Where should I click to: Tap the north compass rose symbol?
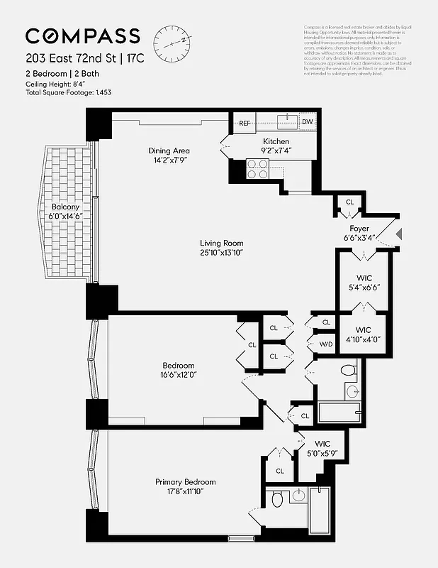(x=173, y=39)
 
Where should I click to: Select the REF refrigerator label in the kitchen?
(x=245, y=123)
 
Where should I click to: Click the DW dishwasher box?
(x=306, y=122)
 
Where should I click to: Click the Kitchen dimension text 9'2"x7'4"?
(x=276, y=151)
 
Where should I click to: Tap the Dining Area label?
(x=169, y=151)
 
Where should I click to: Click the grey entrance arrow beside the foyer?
(x=398, y=232)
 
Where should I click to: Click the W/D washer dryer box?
(x=326, y=344)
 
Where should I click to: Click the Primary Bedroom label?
(x=186, y=482)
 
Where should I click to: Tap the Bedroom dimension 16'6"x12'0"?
(x=174, y=377)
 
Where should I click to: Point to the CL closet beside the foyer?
(x=349, y=202)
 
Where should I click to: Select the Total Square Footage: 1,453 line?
(x=69, y=92)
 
